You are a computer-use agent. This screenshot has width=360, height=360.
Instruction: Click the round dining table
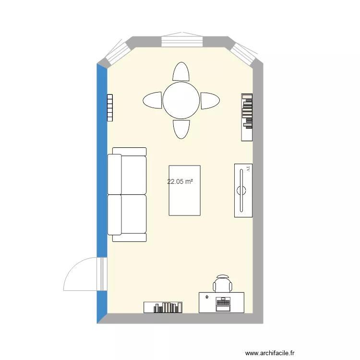point(181,100)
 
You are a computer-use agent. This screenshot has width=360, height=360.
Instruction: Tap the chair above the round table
point(181,72)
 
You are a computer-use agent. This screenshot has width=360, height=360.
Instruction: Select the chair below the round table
point(181,129)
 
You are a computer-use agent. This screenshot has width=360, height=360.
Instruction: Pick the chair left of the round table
point(153,100)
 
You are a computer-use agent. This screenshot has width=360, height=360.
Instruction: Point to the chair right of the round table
point(210,100)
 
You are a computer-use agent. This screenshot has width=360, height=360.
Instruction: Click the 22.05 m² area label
point(180,182)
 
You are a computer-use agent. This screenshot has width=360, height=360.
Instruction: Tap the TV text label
point(248,168)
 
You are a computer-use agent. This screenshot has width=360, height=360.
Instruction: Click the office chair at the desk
point(223,284)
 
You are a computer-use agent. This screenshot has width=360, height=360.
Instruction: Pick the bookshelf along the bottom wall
point(163,307)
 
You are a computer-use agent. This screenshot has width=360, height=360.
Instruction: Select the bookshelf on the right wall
point(247,117)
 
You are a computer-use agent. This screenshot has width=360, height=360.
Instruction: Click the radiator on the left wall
point(109,108)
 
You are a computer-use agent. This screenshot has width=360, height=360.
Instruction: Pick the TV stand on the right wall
point(243,190)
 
